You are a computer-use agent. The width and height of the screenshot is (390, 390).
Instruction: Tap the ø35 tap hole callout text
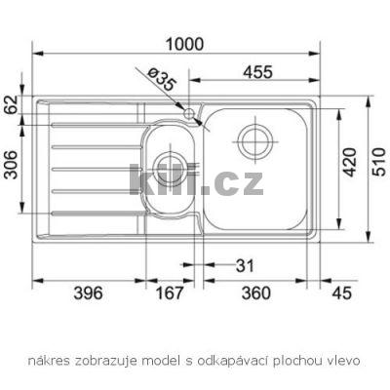pyautogui.click(x=162, y=80)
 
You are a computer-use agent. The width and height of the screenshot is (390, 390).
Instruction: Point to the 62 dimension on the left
pyautogui.click(x=11, y=105)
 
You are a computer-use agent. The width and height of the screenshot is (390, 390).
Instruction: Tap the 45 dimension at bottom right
pyautogui.click(x=338, y=292)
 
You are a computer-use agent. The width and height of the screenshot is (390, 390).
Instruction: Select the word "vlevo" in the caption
pyautogui.click(x=342, y=360)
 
